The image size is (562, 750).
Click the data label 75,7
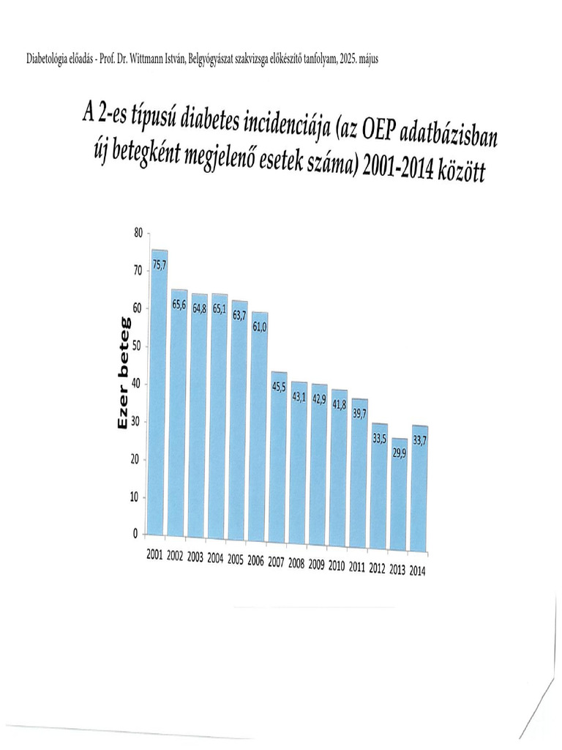click(x=159, y=266)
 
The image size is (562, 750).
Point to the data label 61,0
click(x=259, y=326)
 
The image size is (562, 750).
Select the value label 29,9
click(x=399, y=453)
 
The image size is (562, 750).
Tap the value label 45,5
click(x=279, y=387)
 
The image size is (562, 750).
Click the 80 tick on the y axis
click(x=138, y=233)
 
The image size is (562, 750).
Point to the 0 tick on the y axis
click(x=135, y=535)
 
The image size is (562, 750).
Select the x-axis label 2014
click(x=417, y=570)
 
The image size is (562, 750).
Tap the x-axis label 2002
click(x=175, y=557)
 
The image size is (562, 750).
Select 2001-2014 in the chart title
click(x=399, y=170)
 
